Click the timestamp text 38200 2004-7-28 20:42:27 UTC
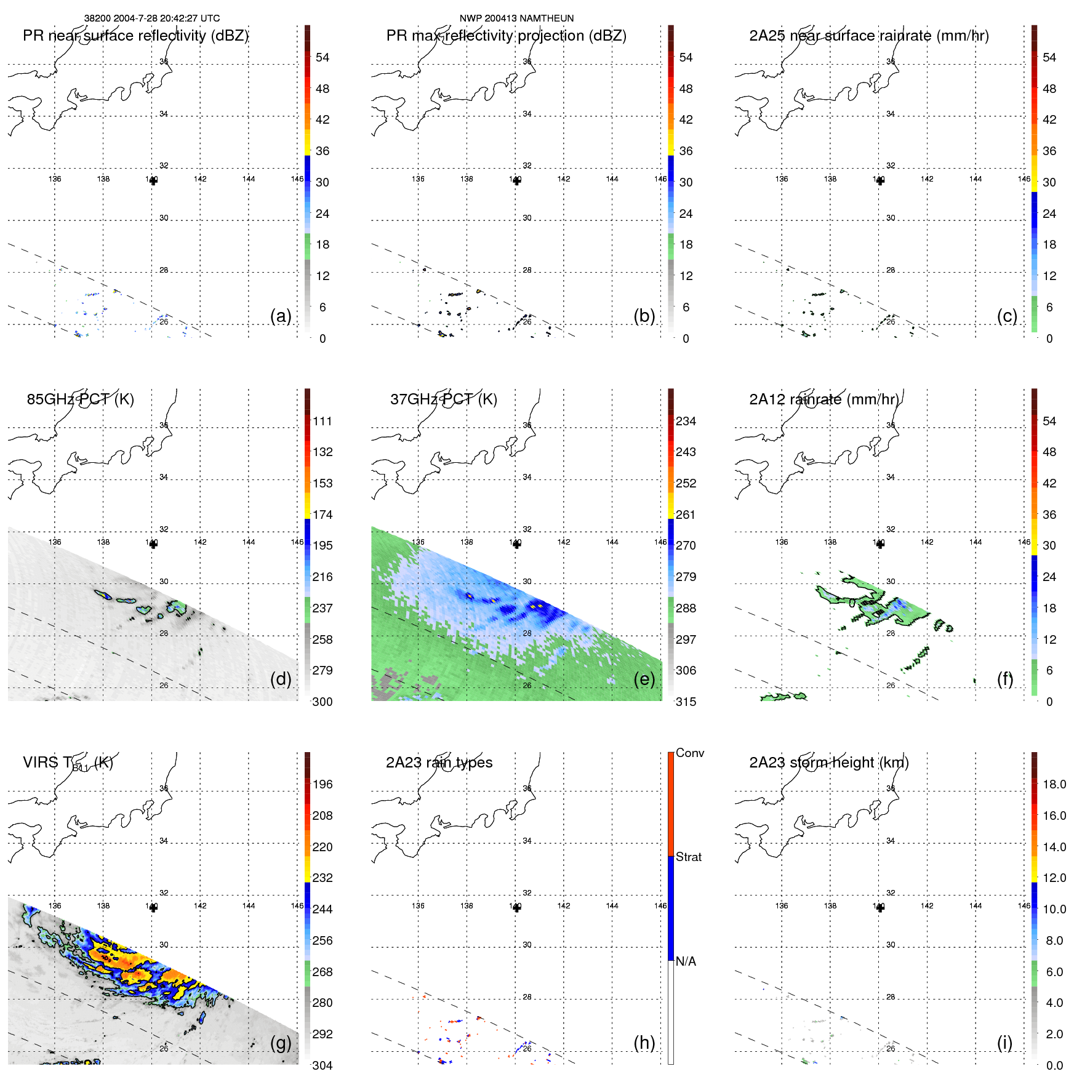[151, 18]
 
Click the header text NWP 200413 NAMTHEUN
[516, 18]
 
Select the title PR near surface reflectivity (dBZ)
[135, 36]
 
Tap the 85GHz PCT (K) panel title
[80, 399]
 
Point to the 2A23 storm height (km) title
[828, 763]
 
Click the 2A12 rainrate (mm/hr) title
[824, 399]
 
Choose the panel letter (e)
[644, 679]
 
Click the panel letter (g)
[281, 1043]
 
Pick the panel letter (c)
[1007, 316]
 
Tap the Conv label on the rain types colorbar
[689, 753]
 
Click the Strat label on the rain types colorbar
[688, 857]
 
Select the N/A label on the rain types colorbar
[686, 961]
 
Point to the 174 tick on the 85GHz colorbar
[323, 515]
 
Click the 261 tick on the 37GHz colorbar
[686, 515]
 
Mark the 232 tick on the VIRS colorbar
[323, 878]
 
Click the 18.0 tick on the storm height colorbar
[1054, 785]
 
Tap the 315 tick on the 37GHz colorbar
[686, 702]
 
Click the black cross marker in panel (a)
[153, 181]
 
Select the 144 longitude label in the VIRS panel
[249, 906]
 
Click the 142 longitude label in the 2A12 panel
[927, 542]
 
